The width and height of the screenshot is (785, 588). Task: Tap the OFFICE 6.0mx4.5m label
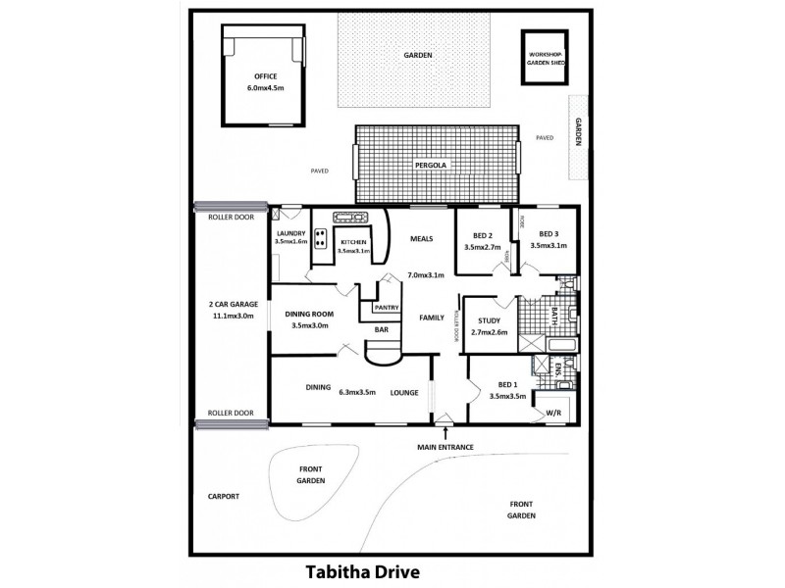click(x=264, y=82)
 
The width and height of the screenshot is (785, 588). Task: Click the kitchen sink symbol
click(x=350, y=218)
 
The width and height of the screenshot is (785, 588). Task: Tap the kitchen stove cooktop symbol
click(x=320, y=238)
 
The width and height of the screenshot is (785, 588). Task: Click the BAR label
click(x=381, y=330)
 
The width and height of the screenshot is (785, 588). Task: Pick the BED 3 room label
click(x=549, y=239)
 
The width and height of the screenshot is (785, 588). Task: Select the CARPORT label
click(x=224, y=496)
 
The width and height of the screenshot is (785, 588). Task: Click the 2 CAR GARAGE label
click(x=232, y=311)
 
